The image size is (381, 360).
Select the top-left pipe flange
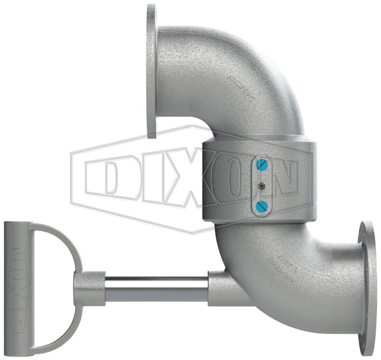151,70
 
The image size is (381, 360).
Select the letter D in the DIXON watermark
111,176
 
